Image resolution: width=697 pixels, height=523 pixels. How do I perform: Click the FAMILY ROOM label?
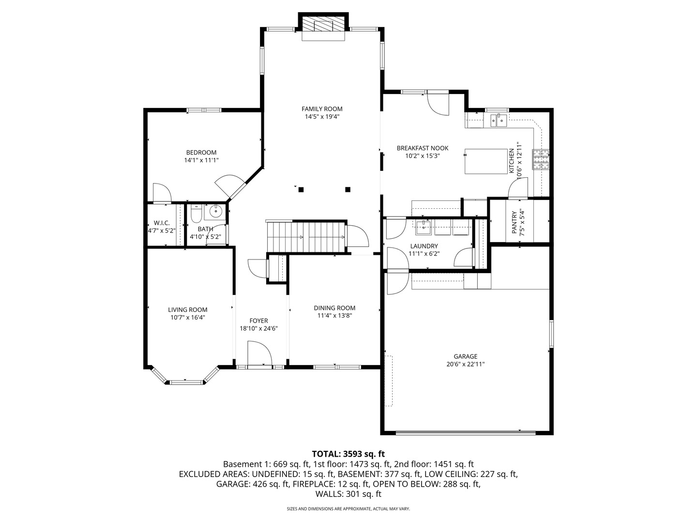pyautogui.click(x=322, y=109)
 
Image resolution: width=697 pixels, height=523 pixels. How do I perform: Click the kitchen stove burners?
pyautogui.click(x=541, y=159)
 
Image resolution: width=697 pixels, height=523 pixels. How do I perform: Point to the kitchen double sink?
pyautogui.click(x=498, y=119)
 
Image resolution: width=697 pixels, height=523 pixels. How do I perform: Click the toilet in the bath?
pyautogui.click(x=196, y=213)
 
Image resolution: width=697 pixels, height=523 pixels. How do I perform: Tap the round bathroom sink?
pyautogui.click(x=215, y=212)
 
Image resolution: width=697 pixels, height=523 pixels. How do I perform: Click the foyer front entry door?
pyautogui.click(x=259, y=354)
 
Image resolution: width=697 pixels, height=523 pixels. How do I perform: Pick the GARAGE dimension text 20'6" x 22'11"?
pyautogui.click(x=465, y=364)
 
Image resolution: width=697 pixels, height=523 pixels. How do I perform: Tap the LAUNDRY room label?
pyautogui.click(x=424, y=246)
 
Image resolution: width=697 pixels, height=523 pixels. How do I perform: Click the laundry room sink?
pyautogui.click(x=424, y=226)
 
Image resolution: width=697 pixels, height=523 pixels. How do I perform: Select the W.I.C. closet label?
pyautogui.click(x=161, y=223)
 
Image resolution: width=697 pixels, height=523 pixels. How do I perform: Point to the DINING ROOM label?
pyautogui.click(x=334, y=308)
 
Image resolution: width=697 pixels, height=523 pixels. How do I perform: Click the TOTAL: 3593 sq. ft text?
pyautogui.click(x=348, y=454)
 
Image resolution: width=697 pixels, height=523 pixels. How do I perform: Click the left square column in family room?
pyautogui.click(x=301, y=190)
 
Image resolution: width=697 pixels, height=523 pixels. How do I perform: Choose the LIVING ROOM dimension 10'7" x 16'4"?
pyautogui.click(x=188, y=318)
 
